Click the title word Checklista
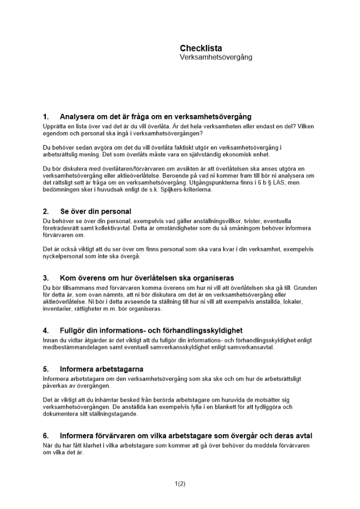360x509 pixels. (x=201, y=48)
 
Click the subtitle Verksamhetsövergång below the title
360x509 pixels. (x=215, y=57)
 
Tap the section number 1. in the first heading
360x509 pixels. (x=46, y=117)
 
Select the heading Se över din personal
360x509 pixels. (x=95, y=211)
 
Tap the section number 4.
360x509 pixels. (x=46, y=330)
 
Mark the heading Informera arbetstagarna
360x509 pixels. (x=101, y=369)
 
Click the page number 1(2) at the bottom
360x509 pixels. (x=180, y=484)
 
